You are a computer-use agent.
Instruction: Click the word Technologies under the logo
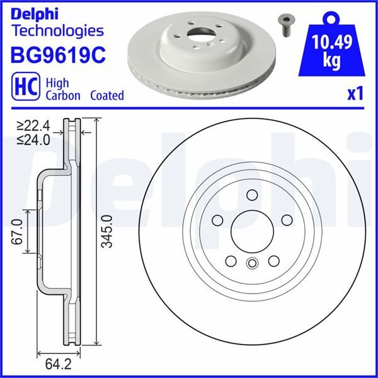(57, 30)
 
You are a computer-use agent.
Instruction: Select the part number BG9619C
(57, 55)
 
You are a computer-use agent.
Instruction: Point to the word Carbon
(63, 96)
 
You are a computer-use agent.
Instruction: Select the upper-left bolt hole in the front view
(217, 220)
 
